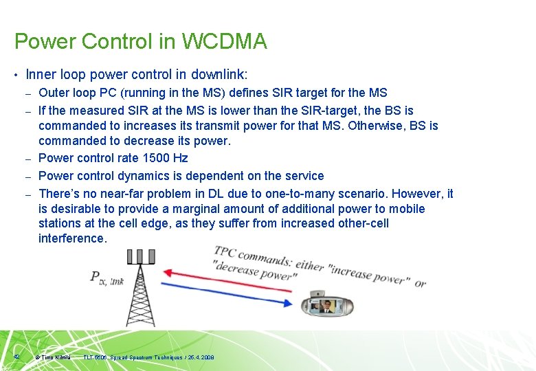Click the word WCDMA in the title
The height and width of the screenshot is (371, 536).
click(224, 42)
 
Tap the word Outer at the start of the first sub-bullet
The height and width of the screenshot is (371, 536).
click(54, 93)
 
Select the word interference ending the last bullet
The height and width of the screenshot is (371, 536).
click(72, 238)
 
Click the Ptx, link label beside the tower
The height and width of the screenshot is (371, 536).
click(107, 278)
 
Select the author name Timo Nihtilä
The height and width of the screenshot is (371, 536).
click(56, 357)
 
